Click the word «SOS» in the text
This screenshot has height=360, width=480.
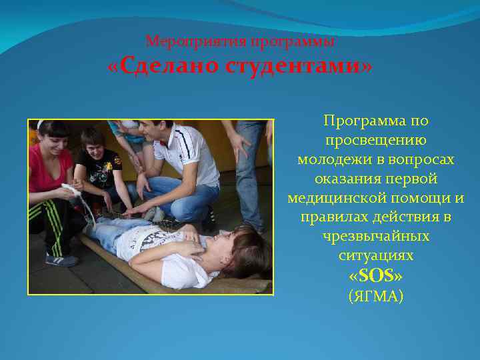coord(376,275)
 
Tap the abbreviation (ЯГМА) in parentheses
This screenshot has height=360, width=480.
coord(376,296)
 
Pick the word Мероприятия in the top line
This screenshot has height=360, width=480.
coord(195,41)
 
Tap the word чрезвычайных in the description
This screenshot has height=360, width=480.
coord(376,237)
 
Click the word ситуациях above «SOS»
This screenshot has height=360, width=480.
coord(376,256)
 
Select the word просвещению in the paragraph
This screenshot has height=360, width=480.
coord(376,141)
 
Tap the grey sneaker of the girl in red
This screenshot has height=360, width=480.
coord(62,259)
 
